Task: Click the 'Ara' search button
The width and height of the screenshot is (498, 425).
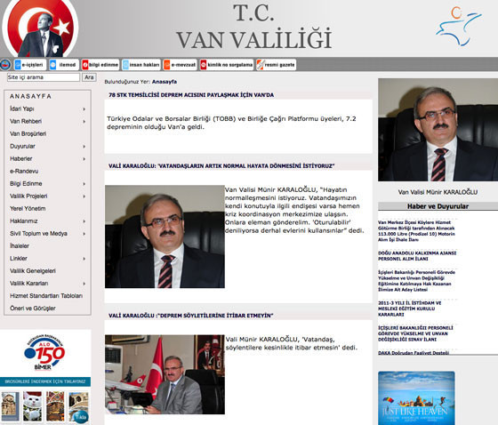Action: pyautogui.click(x=89, y=77)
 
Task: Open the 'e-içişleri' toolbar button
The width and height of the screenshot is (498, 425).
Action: pyautogui.click(x=29, y=64)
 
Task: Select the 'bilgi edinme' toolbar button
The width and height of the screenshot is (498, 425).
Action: pyautogui.click(x=102, y=64)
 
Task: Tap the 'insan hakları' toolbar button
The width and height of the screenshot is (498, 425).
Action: pyautogui.click(x=141, y=64)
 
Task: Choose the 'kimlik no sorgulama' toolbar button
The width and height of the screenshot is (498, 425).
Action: pyautogui.click(x=227, y=64)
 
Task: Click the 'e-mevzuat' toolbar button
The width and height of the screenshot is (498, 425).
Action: pyautogui.click(x=181, y=64)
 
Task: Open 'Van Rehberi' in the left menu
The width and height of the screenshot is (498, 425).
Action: pyautogui.click(x=27, y=121)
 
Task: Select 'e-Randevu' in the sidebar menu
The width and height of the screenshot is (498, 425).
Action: pyautogui.click(x=26, y=171)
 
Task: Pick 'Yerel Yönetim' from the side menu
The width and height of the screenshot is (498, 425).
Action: pyautogui.click(x=28, y=208)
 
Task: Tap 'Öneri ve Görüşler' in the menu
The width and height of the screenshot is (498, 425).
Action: pyautogui.click(x=40, y=308)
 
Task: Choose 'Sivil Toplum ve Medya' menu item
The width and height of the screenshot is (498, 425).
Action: pyautogui.click(x=39, y=233)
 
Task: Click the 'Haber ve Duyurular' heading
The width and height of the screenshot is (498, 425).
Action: pyautogui.click(x=434, y=206)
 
